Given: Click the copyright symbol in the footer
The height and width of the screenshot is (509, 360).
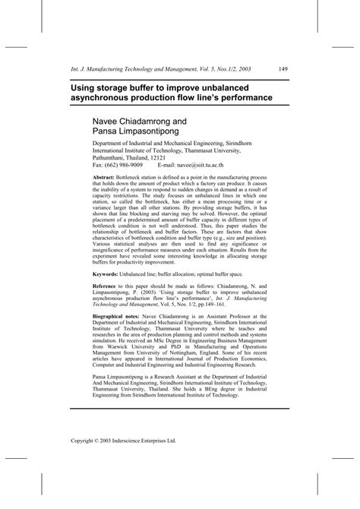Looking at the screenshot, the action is (x=103, y=460).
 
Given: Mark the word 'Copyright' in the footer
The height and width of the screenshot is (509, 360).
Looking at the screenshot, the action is (x=84, y=460).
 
